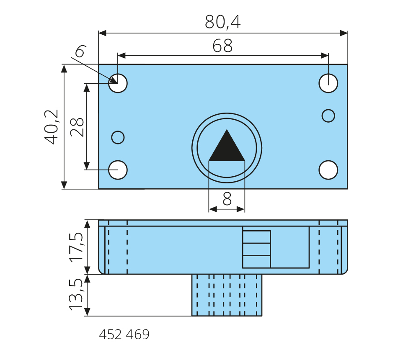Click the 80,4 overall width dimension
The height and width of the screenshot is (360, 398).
pos(222,22)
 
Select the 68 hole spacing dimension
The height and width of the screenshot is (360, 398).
pos(222,46)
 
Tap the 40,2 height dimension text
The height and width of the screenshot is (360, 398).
pos(52,127)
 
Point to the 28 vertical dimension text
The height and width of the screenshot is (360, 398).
pos(77,127)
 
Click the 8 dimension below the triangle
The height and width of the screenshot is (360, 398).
pos(227,199)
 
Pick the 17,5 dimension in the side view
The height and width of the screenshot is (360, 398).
pos(77,247)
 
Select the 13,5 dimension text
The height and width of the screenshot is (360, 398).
pos(77,296)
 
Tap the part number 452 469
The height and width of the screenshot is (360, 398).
pos(124,335)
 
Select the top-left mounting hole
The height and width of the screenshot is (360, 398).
pos(118,83)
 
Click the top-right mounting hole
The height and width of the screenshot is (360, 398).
pos(328,83)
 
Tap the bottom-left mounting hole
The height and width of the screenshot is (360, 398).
pos(118,170)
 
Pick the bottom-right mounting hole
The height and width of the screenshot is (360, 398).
pos(328,170)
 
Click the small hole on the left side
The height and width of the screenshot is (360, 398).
pos(118,137)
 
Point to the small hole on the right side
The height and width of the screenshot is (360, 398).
pos(328,115)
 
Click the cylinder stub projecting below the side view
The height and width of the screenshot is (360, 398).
pos(227,295)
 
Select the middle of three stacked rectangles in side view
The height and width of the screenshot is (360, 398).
pos(256,249)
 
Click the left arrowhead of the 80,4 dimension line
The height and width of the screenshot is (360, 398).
pos(102,33)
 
